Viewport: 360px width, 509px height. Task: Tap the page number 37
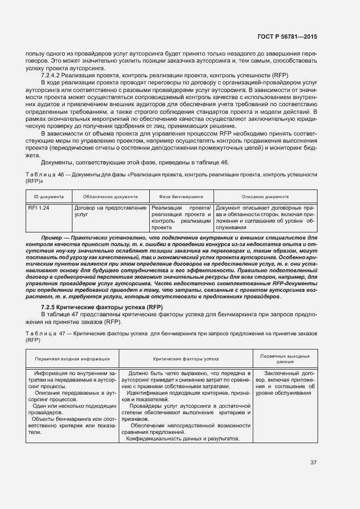click(x=313, y=463)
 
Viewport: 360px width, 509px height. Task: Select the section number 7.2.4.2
click(x=53, y=75)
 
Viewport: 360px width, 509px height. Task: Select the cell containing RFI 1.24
click(x=39, y=208)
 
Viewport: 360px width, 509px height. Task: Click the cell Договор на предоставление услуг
click(x=111, y=211)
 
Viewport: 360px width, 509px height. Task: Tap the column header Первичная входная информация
click(x=72, y=359)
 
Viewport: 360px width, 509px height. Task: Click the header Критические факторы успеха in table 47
click(x=185, y=359)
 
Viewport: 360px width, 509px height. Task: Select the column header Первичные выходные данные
click(x=285, y=359)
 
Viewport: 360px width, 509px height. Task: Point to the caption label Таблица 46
click(x=45, y=174)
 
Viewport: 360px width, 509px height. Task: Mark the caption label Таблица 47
click(x=45, y=332)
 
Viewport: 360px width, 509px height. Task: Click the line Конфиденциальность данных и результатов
click(x=175, y=439)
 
